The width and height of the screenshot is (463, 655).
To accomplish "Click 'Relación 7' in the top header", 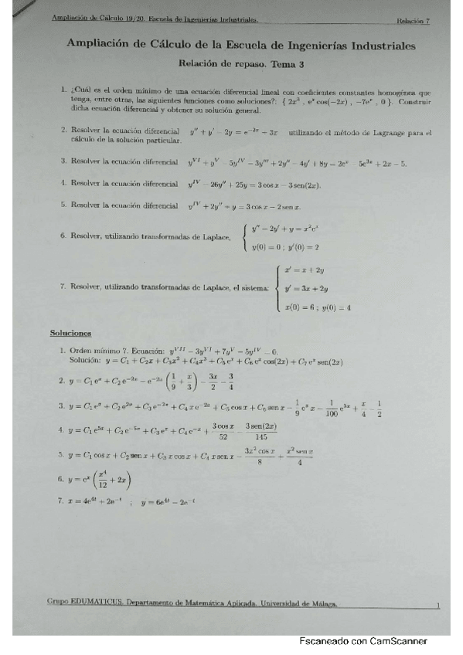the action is pyautogui.click(x=413, y=21).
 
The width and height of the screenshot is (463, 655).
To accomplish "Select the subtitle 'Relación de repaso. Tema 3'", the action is pyautogui.click(x=240, y=66).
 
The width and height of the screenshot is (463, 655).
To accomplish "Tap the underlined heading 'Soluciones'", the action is pyautogui.click(x=70, y=333).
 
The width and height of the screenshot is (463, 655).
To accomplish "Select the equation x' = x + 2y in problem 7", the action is pyautogui.click(x=304, y=270).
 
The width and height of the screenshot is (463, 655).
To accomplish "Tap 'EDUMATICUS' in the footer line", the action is pyautogui.click(x=94, y=604).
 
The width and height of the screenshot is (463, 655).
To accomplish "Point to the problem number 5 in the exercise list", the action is pyautogui.click(x=61, y=205).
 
